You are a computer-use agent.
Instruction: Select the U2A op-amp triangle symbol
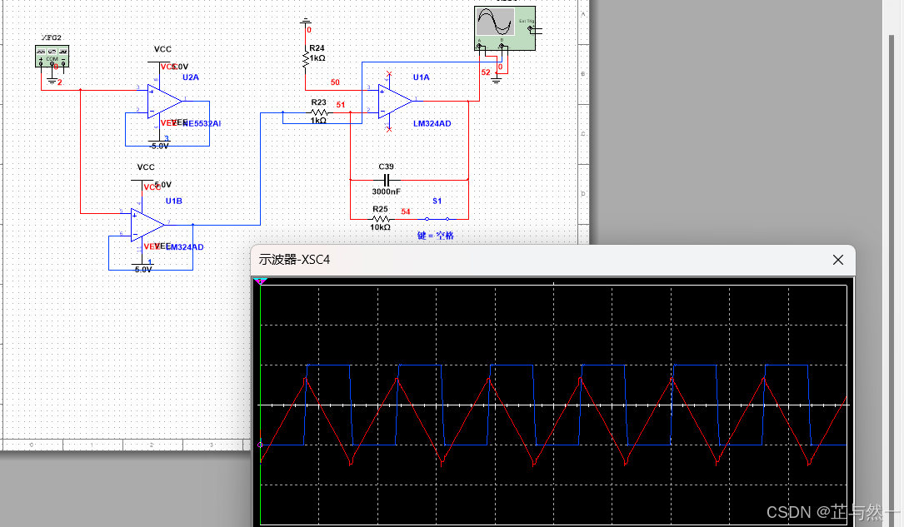pos(163,101)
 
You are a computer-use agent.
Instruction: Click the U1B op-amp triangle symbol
pos(147,222)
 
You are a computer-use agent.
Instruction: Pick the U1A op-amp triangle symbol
pos(395,101)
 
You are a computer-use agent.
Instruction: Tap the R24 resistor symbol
pos(306,60)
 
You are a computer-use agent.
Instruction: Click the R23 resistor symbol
pos(319,112)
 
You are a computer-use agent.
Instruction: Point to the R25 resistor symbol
pos(380,218)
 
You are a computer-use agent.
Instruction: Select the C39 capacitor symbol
pos(386,179)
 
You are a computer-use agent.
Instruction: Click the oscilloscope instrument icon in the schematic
pos(502,28)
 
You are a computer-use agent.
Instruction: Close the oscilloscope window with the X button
pos(838,260)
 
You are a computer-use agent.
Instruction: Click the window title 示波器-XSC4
pos(295,260)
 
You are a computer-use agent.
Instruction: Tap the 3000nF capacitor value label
pos(387,191)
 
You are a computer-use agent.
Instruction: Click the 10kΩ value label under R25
pos(381,227)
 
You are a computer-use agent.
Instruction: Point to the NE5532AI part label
pos(201,123)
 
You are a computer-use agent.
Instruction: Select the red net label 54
pos(406,211)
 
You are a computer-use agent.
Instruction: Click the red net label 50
pos(335,82)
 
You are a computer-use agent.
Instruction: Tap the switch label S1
pos(437,201)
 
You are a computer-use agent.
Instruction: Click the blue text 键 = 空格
pos(436,236)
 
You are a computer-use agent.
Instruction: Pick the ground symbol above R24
pos(306,21)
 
